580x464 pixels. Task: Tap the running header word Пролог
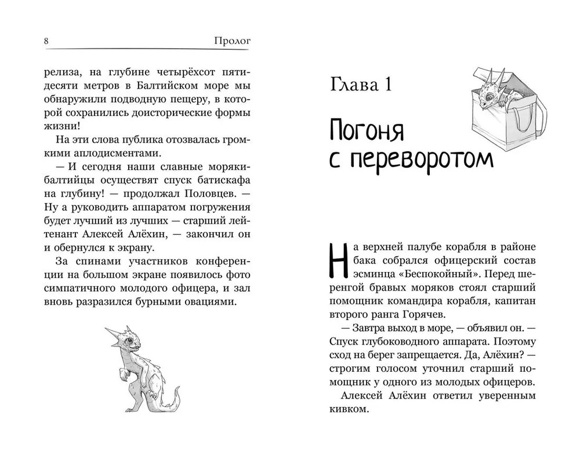point(236,41)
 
